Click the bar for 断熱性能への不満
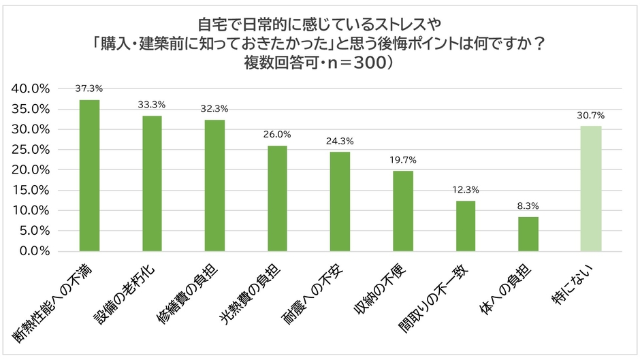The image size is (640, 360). [89, 176]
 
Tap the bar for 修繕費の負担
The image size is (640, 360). [214, 186]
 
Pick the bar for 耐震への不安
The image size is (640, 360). [340, 201]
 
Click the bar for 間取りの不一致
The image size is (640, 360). [465, 226]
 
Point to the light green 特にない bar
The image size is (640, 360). [590, 189]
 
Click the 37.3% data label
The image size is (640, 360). [89, 88]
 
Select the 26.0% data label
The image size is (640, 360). [277, 135]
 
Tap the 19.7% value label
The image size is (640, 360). [402, 160]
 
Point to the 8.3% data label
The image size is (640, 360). [528, 206]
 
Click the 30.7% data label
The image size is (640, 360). [590, 115]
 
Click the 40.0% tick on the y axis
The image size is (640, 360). [31, 88]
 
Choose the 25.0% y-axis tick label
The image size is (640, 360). [31, 150]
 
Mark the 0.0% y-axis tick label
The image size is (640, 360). [33, 251]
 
